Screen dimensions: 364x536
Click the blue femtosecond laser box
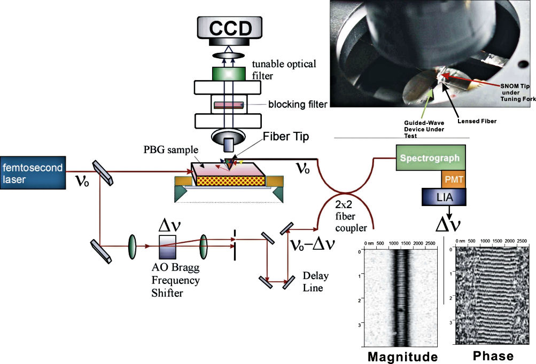tap(32, 173)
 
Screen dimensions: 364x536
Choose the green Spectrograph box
tap(429, 158)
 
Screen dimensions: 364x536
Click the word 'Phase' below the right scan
tap(493, 355)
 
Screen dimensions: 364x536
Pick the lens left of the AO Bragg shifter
tap(131, 249)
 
